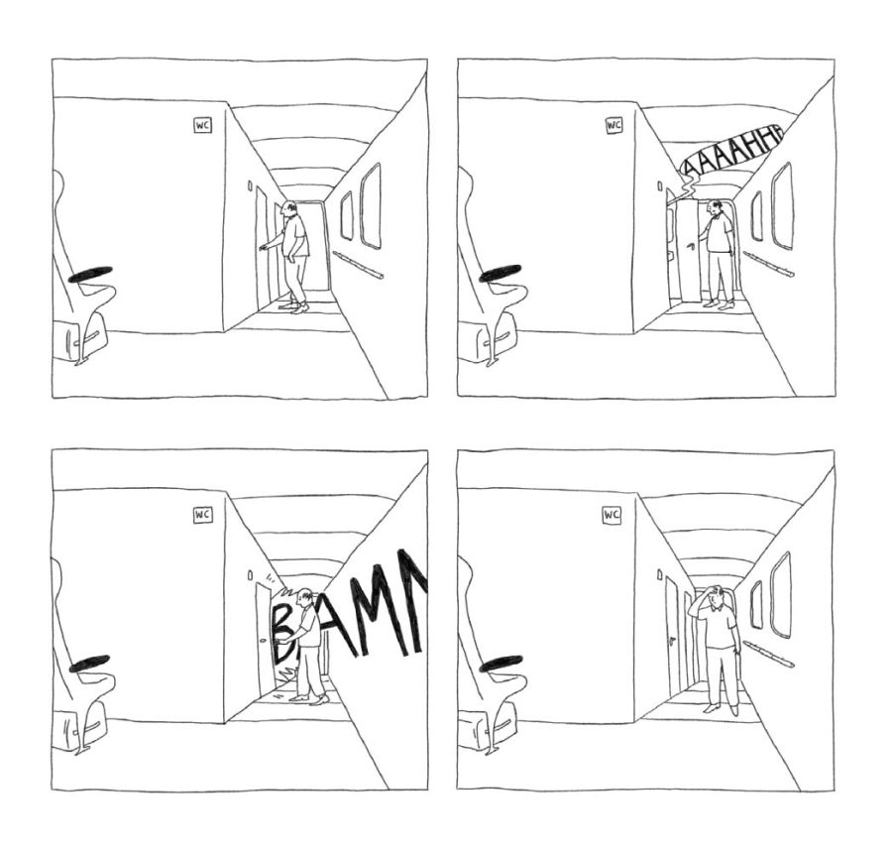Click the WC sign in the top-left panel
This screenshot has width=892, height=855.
click(202, 125)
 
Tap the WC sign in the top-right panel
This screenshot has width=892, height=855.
click(613, 125)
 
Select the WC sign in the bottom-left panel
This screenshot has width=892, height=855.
click(202, 515)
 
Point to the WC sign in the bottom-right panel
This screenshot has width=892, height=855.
click(612, 516)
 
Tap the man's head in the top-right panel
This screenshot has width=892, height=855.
click(715, 207)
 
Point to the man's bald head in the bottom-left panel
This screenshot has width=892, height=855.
click(305, 596)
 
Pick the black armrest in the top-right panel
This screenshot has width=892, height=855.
click(501, 273)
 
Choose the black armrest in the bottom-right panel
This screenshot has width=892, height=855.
click(502, 664)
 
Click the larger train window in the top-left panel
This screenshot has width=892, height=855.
click(371, 206)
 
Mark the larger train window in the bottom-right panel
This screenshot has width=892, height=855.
click(781, 595)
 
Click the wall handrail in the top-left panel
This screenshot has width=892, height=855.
click(358, 265)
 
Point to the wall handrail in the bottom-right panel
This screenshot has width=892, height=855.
click(768, 654)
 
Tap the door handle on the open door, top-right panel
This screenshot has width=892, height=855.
click(691, 246)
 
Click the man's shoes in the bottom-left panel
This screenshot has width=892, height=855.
click(310, 698)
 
